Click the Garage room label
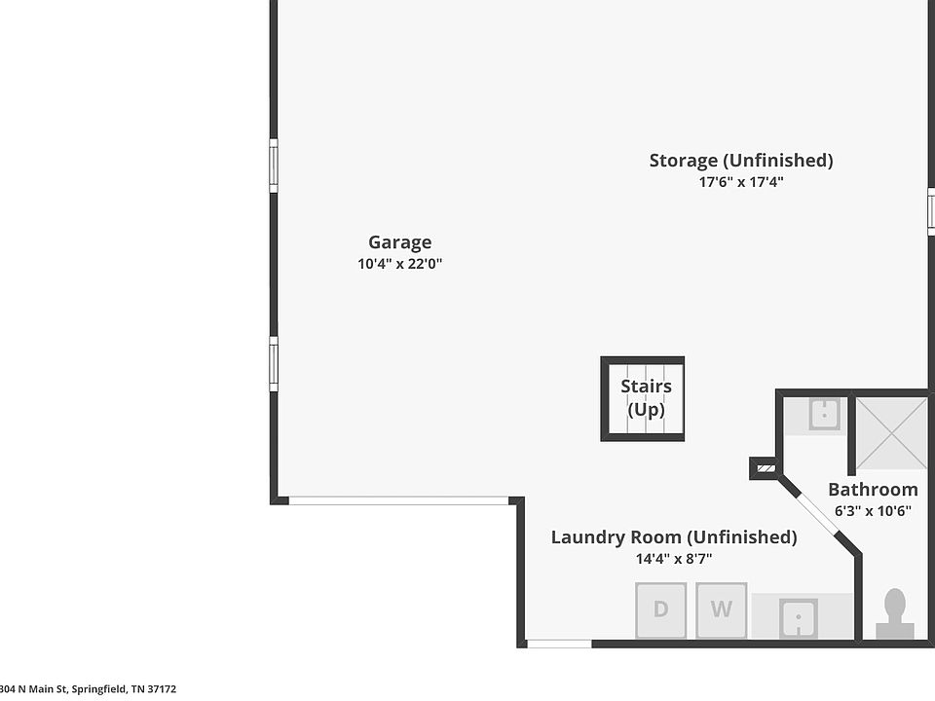click(x=399, y=242)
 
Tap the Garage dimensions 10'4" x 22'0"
click(x=399, y=264)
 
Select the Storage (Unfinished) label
click(x=740, y=161)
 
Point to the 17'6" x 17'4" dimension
click(x=740, y=182)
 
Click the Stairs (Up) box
click(x=642, y=399)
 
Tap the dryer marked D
click(x=660, y=609)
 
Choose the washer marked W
click(x=722, y=609)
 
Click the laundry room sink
click(x=798, y=618)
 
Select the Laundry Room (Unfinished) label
click(x=674, y=537)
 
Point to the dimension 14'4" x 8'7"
click(x=674, y=559)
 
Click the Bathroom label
click(x=873, y=490)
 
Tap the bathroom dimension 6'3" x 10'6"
click(x=873, y=511)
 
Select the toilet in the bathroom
click(x=894, y=614)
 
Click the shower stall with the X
click(x=891, y=433)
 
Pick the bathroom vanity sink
click(x=825, y=414)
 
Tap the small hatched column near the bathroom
click(x=767, y=468)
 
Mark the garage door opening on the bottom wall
click(x=399, y=500)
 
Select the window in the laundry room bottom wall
click(x=559, y=644)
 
